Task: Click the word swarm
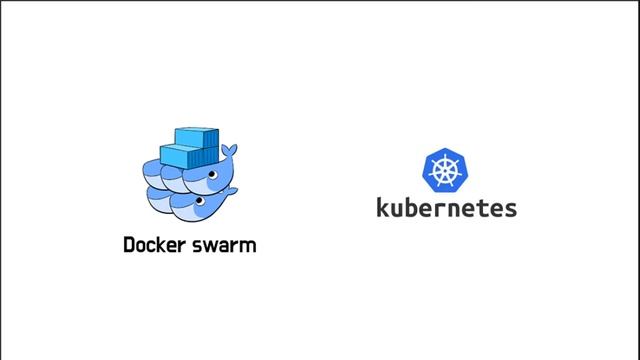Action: point(223,245)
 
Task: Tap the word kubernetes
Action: point(446,208)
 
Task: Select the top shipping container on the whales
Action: point(196,137)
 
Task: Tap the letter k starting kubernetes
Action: point(383,207)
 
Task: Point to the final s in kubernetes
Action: point(510,209)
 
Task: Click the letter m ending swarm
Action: point(248,246)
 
